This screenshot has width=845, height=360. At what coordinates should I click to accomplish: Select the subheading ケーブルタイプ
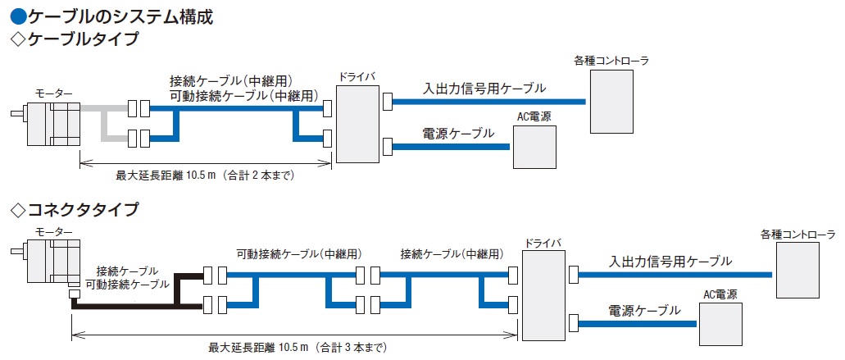[x=83, y=39]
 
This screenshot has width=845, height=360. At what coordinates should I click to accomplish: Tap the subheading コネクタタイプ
[x=83, y=210]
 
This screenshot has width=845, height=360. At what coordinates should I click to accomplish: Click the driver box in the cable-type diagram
[x=356, y=124]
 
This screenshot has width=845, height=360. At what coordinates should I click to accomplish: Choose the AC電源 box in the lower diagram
[x=720, y=324]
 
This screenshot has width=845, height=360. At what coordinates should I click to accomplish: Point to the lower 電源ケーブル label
[x=644, y=311]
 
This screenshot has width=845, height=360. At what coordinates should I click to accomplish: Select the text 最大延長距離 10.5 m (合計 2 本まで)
[x=205, y=175]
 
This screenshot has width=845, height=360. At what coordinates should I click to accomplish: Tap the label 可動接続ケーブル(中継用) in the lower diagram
[x=299, y=253]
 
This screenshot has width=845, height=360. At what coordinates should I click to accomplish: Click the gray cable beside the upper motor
[x=104, y=123]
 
